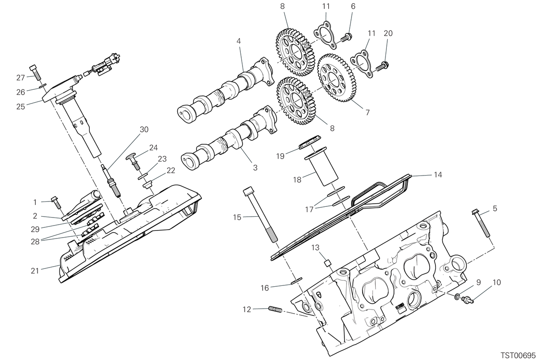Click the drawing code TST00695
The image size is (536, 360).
click(x=518, y=355)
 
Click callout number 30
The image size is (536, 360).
click(x=144, y=130)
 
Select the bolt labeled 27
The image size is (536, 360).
click(x=35, y=73)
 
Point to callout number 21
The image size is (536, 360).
click(x=35, y=271)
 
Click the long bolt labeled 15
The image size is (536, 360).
click(x=260, y=214)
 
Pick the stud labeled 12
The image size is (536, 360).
click(x=276, y=309)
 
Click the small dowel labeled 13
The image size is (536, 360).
click(x=327, y=264)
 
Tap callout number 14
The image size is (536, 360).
click(x=438, y=175)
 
